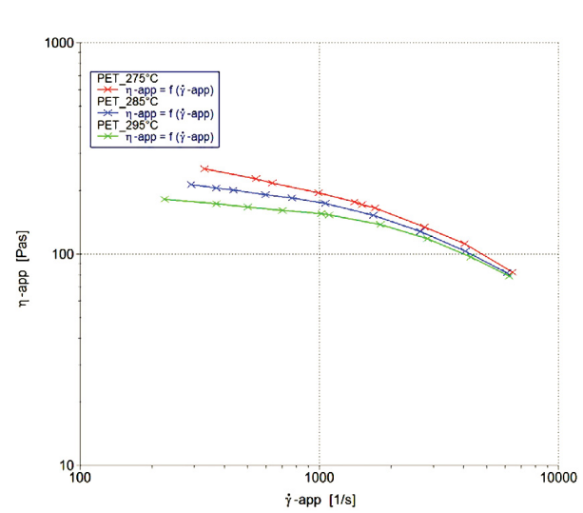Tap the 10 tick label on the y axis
[67, 465]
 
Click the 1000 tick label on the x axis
[319, 480]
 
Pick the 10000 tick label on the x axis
[555, 480]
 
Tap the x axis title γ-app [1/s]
[319, 499]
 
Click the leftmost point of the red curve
[204, 168]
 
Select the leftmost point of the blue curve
[191, 185]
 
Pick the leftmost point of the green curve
[165, 199]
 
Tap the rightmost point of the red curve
[512, 272]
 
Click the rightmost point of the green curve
[509, 276]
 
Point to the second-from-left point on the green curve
[216, 204]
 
